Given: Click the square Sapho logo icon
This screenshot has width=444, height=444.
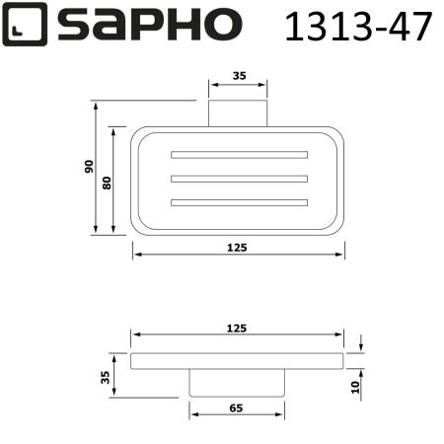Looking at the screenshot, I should coord(23,25).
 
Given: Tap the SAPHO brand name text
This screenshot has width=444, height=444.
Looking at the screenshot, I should coord(149,25).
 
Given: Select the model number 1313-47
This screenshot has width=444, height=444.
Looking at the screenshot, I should coord(358,27).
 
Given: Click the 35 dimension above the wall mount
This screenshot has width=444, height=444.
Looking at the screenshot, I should coord(238,75).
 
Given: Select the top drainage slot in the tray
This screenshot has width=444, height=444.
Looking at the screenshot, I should coord(239,155).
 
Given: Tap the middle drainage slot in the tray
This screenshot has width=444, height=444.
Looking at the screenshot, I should coord(239,179).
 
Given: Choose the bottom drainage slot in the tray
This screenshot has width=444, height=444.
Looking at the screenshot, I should coord(239,202).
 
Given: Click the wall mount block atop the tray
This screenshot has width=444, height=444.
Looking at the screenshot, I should coord(238,112).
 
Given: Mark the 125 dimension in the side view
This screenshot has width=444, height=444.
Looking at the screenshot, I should coord(238,327).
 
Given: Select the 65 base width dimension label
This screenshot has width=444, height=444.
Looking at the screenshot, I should coord(238,405).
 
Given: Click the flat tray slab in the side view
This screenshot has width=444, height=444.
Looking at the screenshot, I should coord(238,361).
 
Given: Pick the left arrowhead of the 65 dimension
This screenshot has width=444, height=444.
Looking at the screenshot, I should coord(194,414).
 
